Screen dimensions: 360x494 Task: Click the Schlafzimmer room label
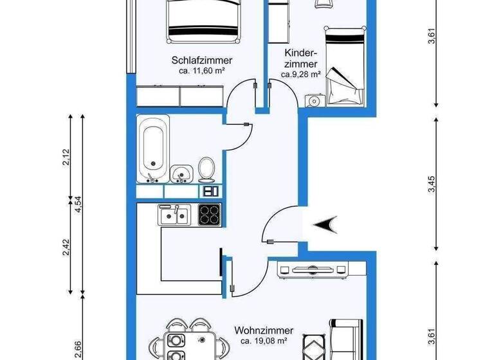[x=201, y=60]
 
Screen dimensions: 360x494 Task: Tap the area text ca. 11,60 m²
[x=201, y=71]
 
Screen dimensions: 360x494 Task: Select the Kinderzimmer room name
[x=300, y=59]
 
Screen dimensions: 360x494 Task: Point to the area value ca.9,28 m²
[x=300, y=75]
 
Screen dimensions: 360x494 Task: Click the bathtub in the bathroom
[x=154, y=148]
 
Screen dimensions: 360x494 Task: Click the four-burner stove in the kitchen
[x=210, y=213]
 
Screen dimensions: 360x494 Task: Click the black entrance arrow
[x=326, y=224]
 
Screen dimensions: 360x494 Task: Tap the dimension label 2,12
[x=66, y=157]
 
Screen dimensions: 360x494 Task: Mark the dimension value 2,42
[x=66, y=248]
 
